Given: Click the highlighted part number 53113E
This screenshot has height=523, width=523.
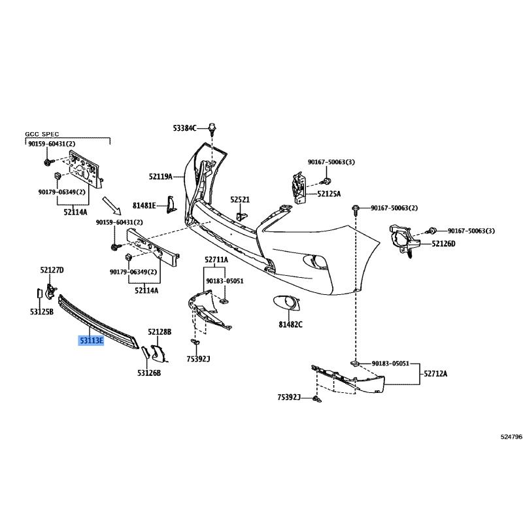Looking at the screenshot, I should pos(92,341).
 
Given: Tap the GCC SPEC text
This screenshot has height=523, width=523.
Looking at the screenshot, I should pos(42,134).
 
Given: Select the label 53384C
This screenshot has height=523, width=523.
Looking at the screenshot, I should pos(185,128).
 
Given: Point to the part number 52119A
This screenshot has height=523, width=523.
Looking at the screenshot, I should pos(160,177).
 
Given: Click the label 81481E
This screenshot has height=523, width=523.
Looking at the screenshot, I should pos(144,205).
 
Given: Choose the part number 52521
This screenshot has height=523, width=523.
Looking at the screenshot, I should pos(240,199).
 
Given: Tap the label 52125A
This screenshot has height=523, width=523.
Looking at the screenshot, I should pos(330,194).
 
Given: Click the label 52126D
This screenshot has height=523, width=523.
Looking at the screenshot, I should pos(443,244).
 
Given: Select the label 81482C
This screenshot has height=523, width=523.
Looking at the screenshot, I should pos(290,324).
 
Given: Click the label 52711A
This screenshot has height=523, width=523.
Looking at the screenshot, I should pos(216,260).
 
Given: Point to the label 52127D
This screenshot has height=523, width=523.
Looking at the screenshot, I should pos(52,269).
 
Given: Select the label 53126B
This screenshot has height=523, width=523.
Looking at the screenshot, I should pos(149,373).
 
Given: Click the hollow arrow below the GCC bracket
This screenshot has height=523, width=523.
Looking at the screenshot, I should pos(113,207).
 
